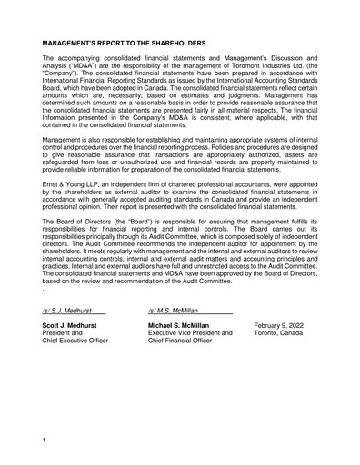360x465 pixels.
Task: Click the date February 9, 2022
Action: pyautogui.click(x=279, y=325)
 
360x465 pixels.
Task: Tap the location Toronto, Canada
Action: pyautogui.click(x=278, y=333)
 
